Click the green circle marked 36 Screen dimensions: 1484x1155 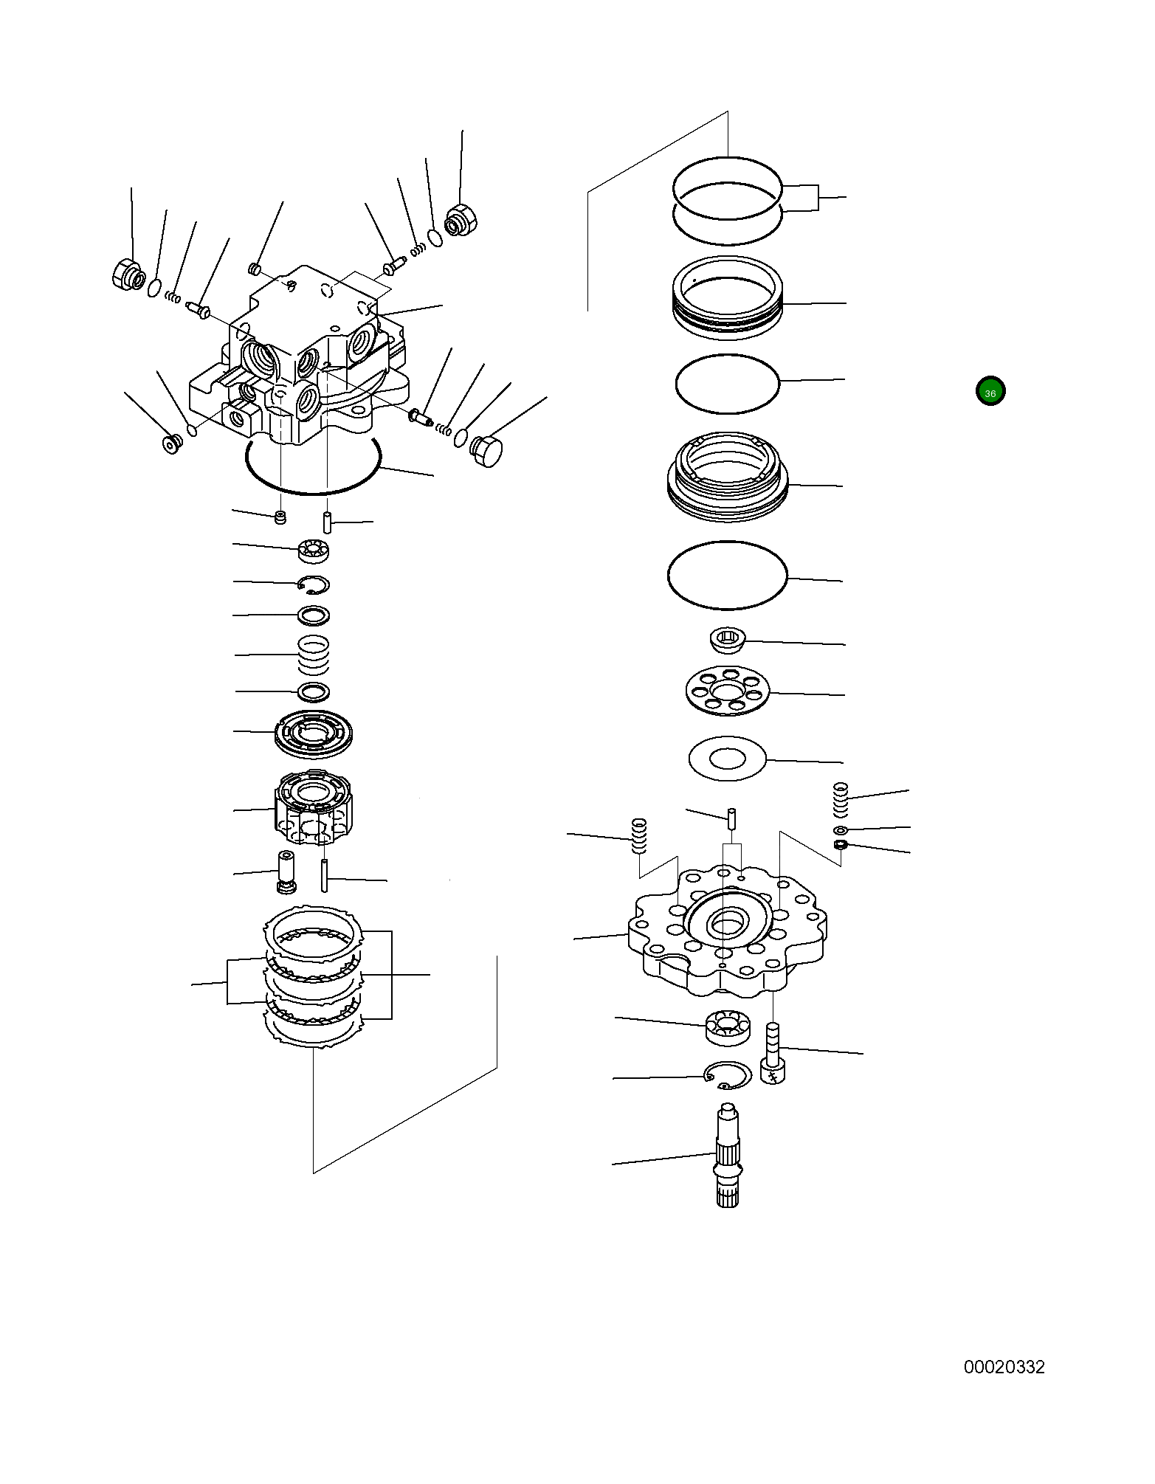[x=990, y=392]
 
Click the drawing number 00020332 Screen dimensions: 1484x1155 [x=1004, y=1367]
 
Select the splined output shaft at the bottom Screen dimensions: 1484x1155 [x=728, y=1159]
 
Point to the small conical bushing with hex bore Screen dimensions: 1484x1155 [x=727, y=639]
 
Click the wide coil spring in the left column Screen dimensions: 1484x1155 [x=314, y=655]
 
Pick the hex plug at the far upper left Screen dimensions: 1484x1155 [x=128, y=275]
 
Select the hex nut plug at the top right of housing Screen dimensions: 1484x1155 [x=462, y=220]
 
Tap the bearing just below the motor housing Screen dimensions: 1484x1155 [x=314, y=550]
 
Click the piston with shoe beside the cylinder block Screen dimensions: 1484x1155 [x=286, y=872]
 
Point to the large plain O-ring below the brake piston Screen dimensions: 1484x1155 [x=727, y=576]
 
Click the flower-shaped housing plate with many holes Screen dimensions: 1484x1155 [x=727, y=930]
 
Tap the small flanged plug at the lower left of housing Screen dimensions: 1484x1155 [x=172, y=444]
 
